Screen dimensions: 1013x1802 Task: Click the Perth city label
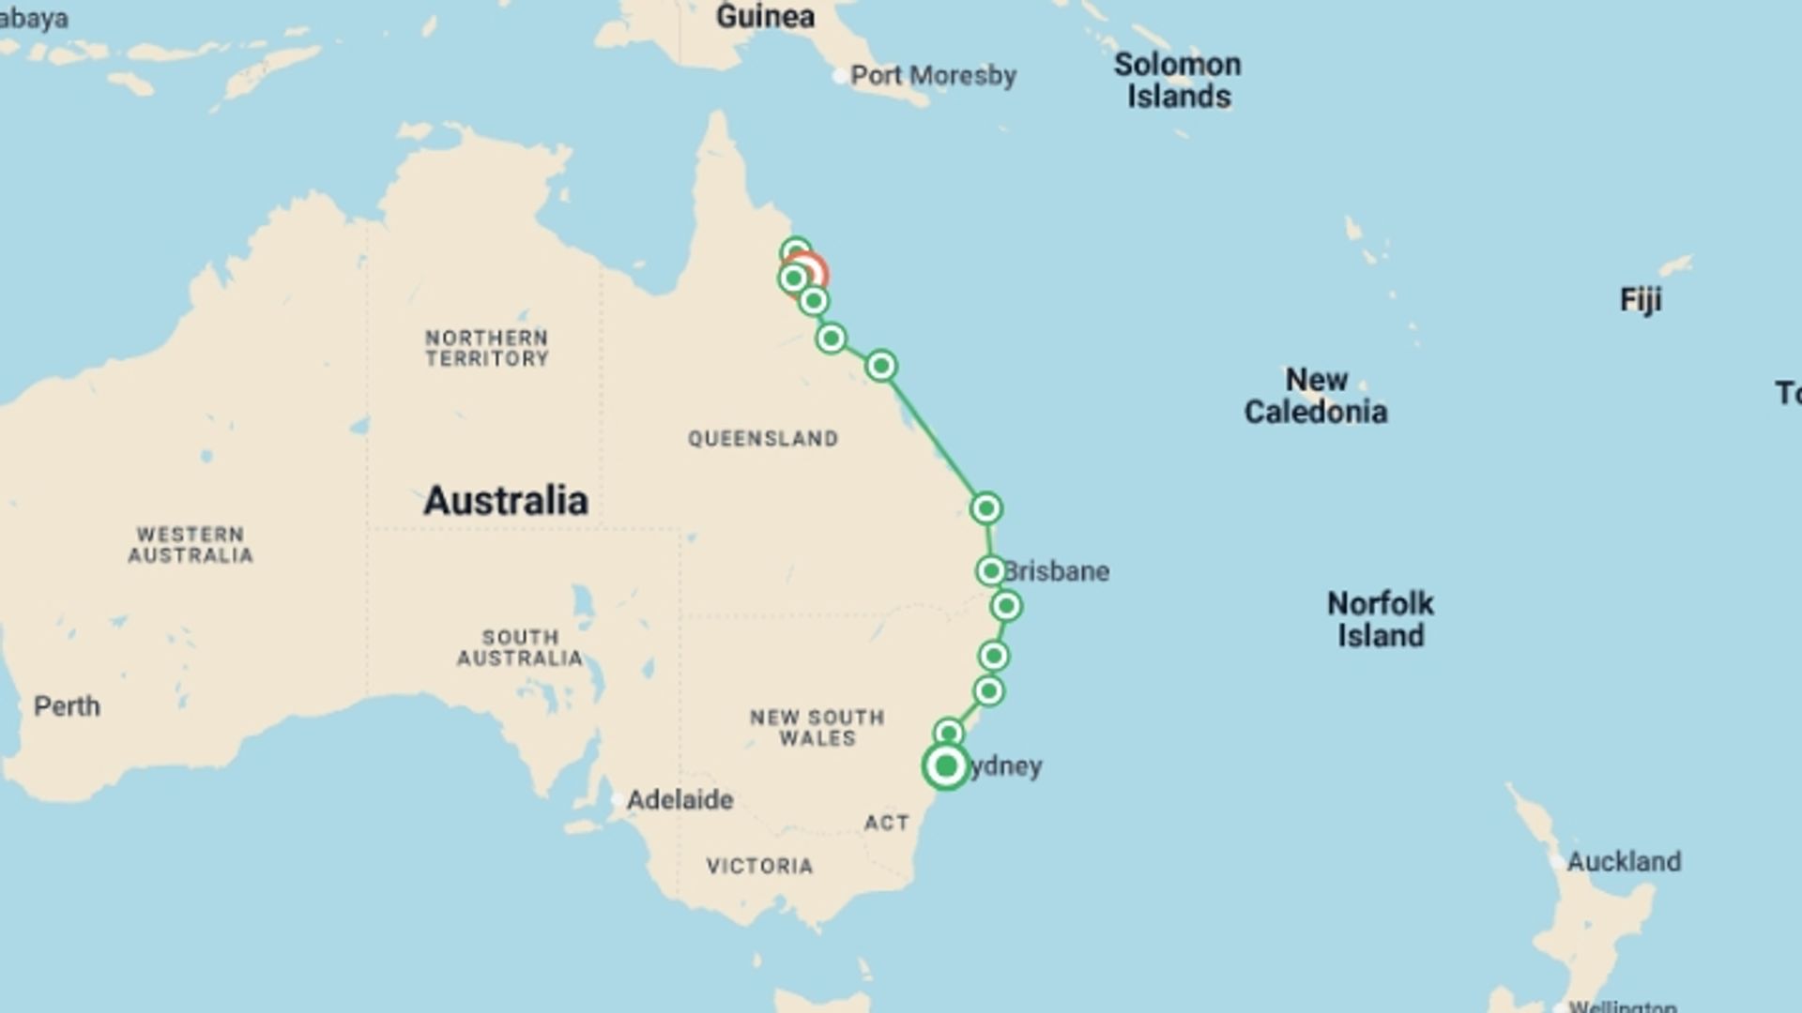click(67, 705)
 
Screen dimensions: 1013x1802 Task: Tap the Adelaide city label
click(680, 799)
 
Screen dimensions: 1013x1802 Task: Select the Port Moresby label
click(933, 75)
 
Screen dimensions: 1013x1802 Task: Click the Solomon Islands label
click(1178, 80)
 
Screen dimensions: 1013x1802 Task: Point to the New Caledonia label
click(1316, 395)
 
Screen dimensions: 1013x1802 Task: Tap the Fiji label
click(1641, 299)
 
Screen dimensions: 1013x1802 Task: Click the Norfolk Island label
click(1381, 619)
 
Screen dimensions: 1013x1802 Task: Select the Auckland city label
click(1624, 860)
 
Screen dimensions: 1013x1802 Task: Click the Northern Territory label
click(486, 348)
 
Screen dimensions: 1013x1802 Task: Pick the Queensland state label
click(763, 438)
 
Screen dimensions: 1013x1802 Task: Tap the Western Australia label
click(191, 545)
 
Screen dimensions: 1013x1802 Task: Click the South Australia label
click(520, 647)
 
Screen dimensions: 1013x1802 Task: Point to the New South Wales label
click(817, 728)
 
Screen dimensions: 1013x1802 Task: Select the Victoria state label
click(759, 866)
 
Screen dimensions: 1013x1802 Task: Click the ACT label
click(886, 823)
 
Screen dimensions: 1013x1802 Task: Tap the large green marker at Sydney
click(946, 766)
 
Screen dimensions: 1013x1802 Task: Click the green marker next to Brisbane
click(991, 570)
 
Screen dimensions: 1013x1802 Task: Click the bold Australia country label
click(506, 500)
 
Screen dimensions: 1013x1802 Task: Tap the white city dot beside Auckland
click(1558, 860)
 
